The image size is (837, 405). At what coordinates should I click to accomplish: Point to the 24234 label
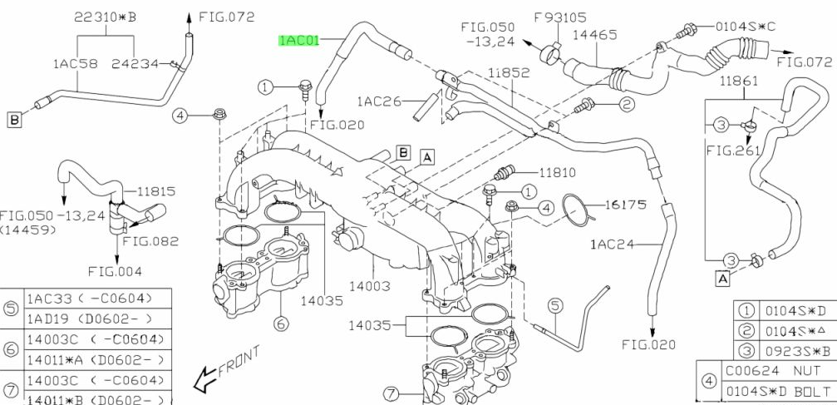tap(138, 62)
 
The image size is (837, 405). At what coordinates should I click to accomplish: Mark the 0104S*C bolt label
tap(745, 27)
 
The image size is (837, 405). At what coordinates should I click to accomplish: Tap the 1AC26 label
tap(379, 101)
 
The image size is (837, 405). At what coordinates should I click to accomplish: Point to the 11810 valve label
tap(557, 173)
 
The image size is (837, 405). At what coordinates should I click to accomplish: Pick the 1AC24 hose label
tap(613, 244)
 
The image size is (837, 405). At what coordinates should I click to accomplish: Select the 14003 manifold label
tap(369, 285)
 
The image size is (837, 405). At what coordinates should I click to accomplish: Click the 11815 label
tap(155, 190)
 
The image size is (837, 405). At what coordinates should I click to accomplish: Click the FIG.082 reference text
tap(150, 241)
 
